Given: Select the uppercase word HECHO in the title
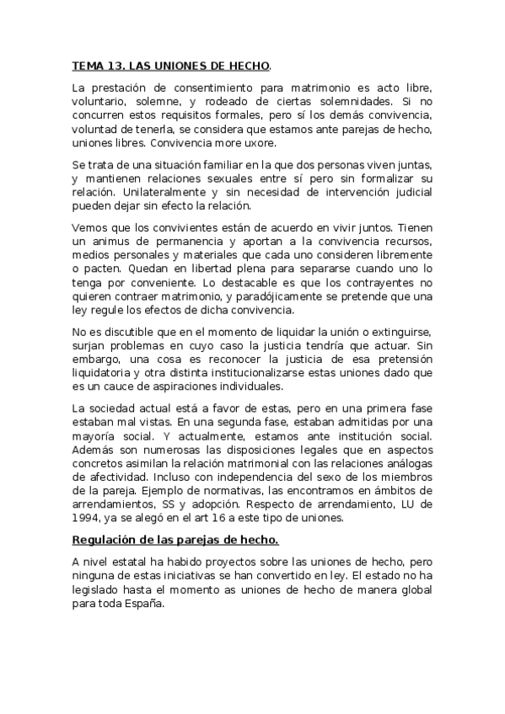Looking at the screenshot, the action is click(x=249, y=65).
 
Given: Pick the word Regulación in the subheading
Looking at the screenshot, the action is click(x=107, y=540).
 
